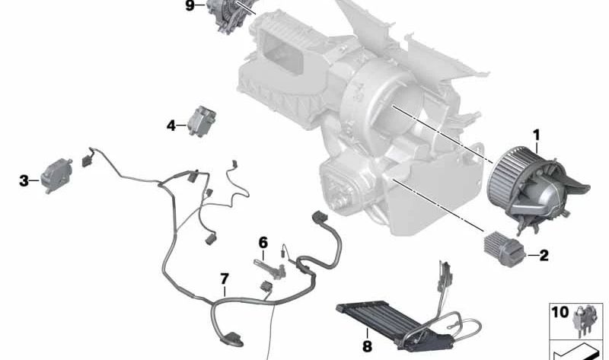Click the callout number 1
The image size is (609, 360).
(537, 135)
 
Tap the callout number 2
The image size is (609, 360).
(544, 255)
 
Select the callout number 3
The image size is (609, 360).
(24, 180)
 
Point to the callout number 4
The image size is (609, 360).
(171, 126)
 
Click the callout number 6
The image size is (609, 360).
(263, 243)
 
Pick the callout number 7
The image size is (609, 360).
(225, 279)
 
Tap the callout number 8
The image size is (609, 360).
(367, 346)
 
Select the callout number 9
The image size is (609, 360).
(190, 6)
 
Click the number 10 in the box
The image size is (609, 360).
(560, 312)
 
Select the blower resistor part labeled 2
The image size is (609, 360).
(504, 249)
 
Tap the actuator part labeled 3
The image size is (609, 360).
(56, 175)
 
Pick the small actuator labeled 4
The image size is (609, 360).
(202, 121)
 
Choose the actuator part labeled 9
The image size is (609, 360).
(229, 15)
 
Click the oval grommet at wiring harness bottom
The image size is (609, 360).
(232, 339)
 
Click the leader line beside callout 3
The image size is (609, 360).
(34, 180)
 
